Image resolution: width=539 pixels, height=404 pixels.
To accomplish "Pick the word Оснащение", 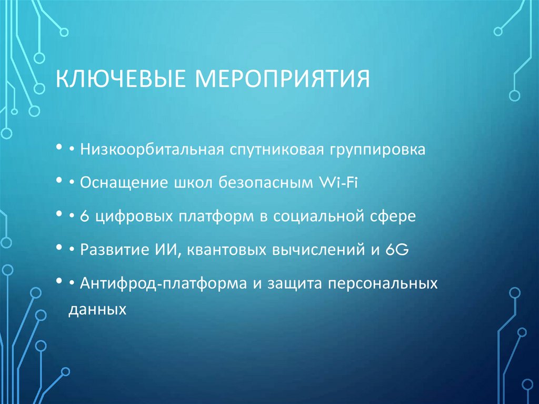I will [x=124, y=184].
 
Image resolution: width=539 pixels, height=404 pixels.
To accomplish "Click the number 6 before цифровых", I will [x=85, y=216].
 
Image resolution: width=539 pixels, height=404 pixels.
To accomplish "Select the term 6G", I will [x=397, y=250].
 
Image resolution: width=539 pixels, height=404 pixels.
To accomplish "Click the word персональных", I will [x=383, y=284].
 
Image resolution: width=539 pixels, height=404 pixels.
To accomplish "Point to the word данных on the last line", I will [x=98, y=309].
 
